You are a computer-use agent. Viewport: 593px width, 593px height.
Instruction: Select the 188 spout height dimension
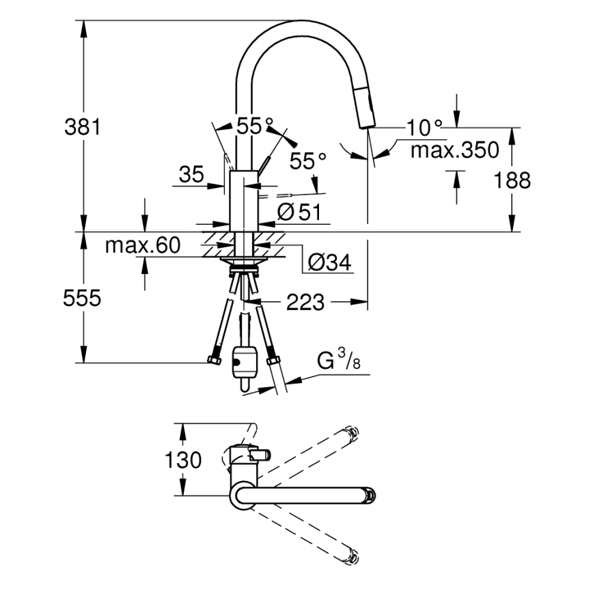click(x=512, y=180)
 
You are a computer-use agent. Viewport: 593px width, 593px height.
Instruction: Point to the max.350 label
click(x=454, y=150)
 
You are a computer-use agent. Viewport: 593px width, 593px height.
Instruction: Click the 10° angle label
click(x=424, y=127)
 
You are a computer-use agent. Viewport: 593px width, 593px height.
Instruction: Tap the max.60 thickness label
click(x=141, y=245)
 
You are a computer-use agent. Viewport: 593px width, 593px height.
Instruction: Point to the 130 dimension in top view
click(x=183, y=460)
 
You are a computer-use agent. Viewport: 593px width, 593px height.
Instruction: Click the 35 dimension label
click(x=192, y=175)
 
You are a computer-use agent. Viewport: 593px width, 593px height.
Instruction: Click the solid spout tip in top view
click(x=369, y=495)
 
